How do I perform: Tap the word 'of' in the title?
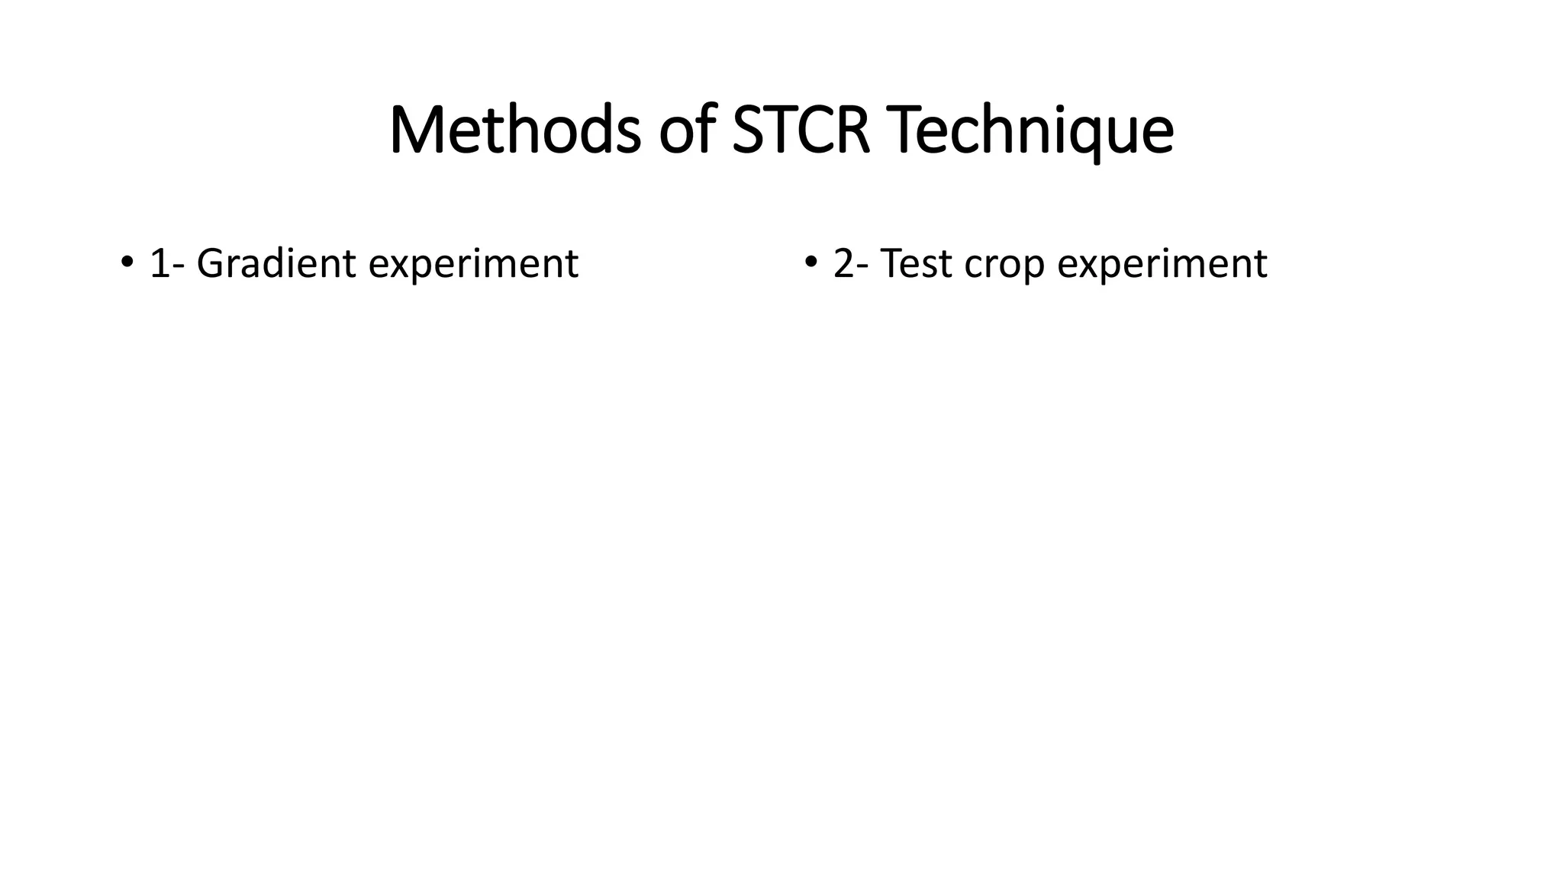tap(687, 130)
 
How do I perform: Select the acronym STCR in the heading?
tap(801, 130)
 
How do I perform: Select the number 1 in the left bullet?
tap(159, 264)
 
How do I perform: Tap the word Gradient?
tap(276, 264)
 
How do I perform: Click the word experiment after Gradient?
tap(473, 266)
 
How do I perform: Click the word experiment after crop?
tap(1162, 266)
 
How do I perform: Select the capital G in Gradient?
tap(211, 264)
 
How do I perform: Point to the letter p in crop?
tap(1033, 269)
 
